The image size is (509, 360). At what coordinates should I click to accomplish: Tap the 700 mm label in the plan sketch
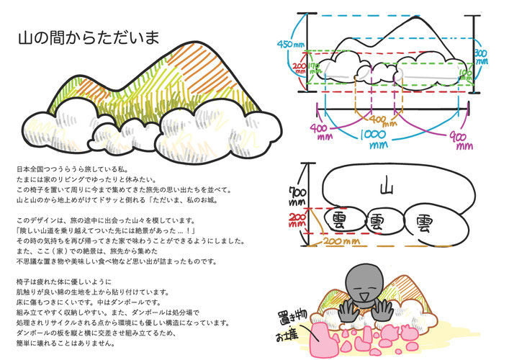point(294,194)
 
